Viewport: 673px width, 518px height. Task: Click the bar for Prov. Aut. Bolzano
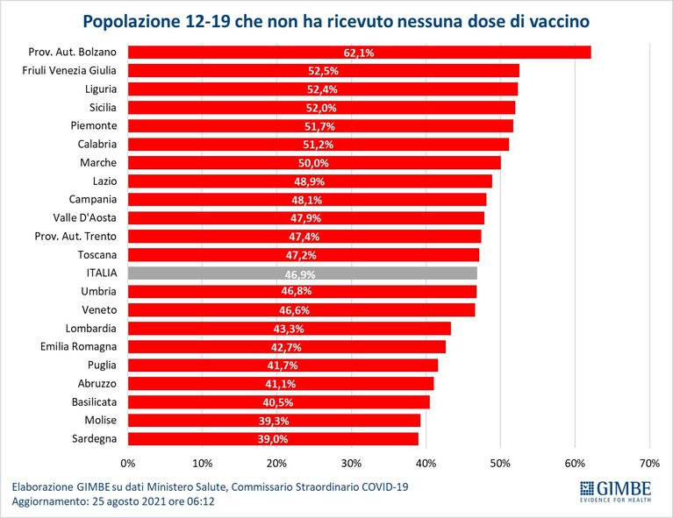(359, 53)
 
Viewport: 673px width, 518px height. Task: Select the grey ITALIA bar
(302, 273)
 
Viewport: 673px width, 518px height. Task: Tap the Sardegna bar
(273, 438)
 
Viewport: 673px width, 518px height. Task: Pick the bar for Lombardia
(290, 329)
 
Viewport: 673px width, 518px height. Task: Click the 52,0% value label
(321, 108)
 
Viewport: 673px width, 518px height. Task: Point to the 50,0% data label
(314, 163)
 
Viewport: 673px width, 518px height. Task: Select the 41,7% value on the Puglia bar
(283, 365)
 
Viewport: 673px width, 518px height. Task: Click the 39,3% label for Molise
(274, 421)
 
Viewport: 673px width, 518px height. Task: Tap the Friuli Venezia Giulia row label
(69, 71)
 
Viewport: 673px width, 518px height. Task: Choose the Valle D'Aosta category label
(84, 218)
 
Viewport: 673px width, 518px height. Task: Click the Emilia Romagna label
(78, 347)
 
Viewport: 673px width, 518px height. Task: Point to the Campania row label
(93, 200)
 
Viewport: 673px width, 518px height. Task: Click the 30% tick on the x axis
(351, 464)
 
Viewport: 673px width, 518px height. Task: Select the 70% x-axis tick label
(649, 464)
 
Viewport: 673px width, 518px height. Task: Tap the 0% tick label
(128, 464)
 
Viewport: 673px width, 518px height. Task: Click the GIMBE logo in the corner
(615, 492)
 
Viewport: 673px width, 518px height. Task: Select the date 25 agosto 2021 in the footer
(129, 501)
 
